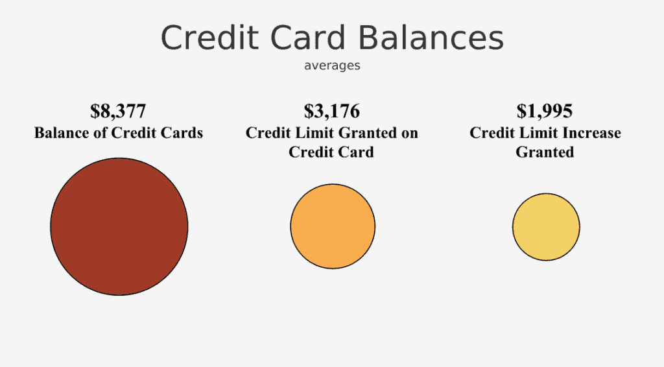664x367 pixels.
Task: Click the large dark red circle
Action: coord(119,226)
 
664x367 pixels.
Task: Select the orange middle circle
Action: coord(333,226)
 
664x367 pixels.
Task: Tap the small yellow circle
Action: coord(546,227)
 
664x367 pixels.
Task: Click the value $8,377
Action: coord(118,111)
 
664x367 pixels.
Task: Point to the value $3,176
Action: coord(332,111)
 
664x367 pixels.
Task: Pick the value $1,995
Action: coord(545,111)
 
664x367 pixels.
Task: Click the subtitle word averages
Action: coord(332,65)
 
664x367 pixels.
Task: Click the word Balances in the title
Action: coord(431,38)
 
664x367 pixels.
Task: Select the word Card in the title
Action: coord(308,38)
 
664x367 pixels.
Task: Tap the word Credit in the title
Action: coord(209,38)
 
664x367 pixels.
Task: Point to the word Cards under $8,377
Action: coord(182,133)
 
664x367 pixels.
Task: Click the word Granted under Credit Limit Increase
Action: coord(545,152)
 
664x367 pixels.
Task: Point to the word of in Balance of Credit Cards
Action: coord(99,133)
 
